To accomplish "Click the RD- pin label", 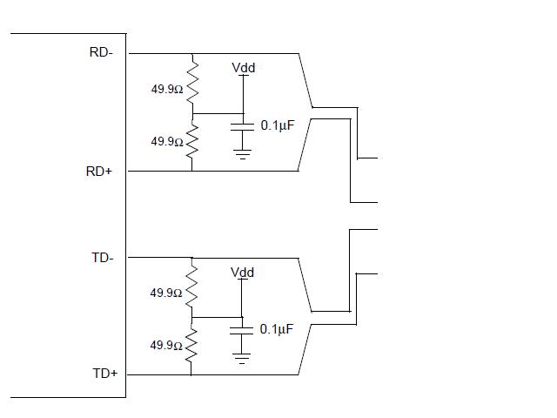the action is point(101,52).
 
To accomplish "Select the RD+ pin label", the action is point(98,172).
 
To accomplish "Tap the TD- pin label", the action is point(103,258).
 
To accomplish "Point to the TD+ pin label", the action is point(105,374).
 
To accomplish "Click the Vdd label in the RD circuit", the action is point(244,68).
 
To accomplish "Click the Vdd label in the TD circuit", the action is point(242,273).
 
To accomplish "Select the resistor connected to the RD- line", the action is point(192,83).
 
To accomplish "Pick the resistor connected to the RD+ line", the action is point(192,141).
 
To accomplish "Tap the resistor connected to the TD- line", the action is point(191,287).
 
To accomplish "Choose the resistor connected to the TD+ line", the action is point(191,345).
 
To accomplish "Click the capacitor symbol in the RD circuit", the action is point(242,127).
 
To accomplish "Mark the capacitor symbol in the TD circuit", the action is point(242,331).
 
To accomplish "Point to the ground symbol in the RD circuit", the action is point(242,154).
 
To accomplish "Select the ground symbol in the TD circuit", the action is point(242,358).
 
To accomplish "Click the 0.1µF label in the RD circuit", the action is point(278,125).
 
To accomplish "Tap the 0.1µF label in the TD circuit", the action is point(277,329).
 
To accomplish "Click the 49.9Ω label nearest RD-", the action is point(167,89).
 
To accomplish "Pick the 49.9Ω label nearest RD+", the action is point(167,141).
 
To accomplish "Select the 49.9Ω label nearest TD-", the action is point(166,293).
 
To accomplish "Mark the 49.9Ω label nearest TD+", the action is point(166,345).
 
